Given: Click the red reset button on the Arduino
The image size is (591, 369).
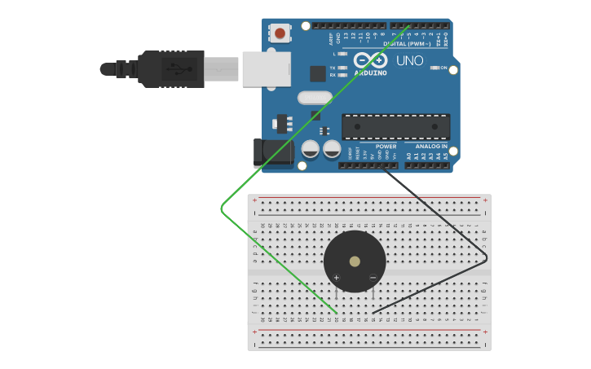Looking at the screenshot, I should (x=280, y=33).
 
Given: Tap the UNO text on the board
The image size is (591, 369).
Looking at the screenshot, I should (x=409, y=61).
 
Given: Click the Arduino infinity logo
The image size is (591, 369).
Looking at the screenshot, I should (x=371, y=60).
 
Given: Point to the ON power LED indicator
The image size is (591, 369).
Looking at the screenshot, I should (x=434, y=68).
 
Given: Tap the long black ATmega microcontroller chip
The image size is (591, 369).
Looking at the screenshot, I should (x=395, y=126).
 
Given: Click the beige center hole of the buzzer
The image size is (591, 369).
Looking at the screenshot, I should (x=355, y=262).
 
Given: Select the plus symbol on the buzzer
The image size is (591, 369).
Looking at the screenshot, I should (x=336, y=278).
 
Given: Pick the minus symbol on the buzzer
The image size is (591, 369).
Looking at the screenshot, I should (x=373, y=278).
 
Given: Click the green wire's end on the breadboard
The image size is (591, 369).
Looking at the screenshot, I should (x=337, y=312).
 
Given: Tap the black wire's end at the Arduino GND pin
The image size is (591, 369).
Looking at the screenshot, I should (x=382, y=165).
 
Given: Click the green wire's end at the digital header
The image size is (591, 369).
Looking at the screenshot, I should (x=408, y=26).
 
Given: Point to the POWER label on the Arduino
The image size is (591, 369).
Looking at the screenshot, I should (x=386, y=147).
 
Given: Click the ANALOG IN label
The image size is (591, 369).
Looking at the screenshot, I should (x=431, y=147).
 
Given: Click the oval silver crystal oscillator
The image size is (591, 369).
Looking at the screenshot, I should (x=315, y=98).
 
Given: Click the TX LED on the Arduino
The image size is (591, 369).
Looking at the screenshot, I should (x=342, y=68).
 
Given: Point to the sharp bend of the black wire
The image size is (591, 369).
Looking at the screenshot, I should (x=486, y=258).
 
